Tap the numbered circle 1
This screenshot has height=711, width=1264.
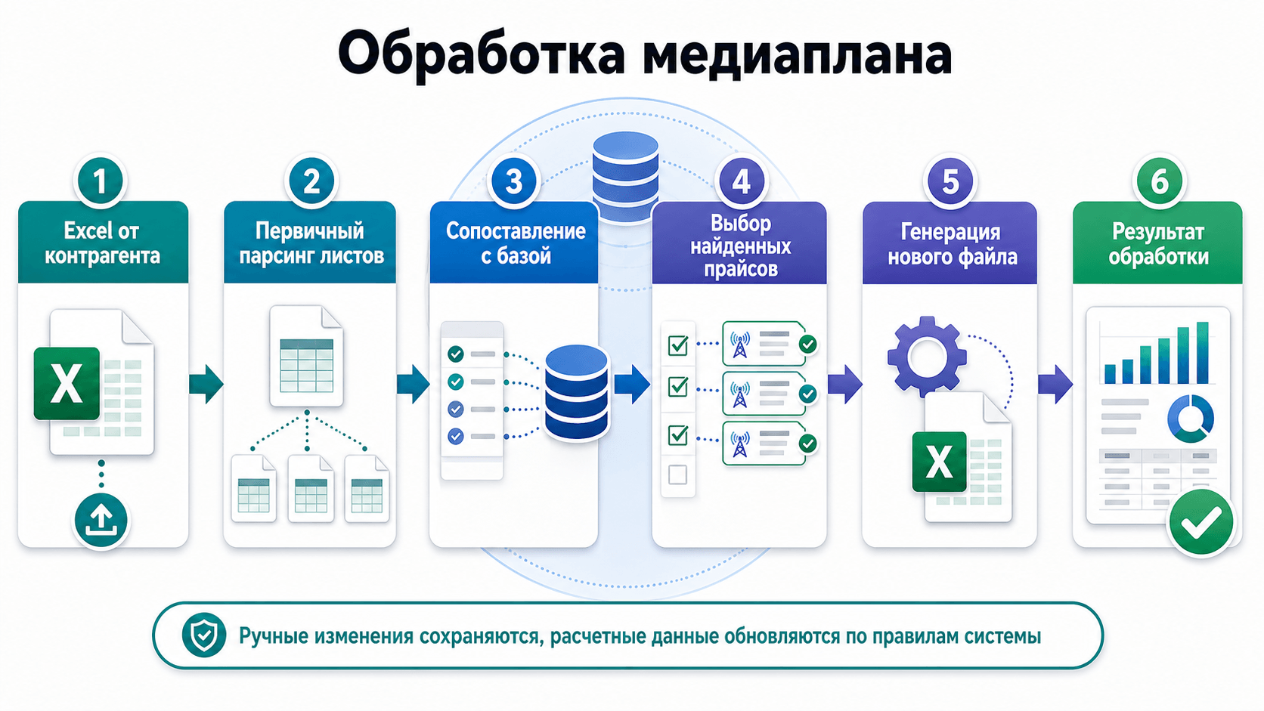pyautogui.click(x=100, y=181)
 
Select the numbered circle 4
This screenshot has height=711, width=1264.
pyautogui.click(x=740, y=181)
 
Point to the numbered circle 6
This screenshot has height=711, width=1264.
pyautogui.click(x=1159, y=181)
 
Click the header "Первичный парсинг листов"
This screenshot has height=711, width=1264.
pyautogui.click(x=311, y=243)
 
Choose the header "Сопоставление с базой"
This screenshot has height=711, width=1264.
pyautogui.click(x=515, y=243)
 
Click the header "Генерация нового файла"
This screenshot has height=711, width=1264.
pyautogui.click(x=952, y=244)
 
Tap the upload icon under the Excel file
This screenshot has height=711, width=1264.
pyautogui.click(x=101, y=520)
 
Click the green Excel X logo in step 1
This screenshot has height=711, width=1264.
pyautogui.click(x=67, y=383)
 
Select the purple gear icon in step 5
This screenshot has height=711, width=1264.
pyautogui.click(x=927, y=356)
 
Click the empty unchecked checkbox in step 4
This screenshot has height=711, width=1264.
pyautogui.click(x=677, y=475)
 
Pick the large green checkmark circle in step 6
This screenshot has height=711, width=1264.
pyautogui.click(x=1201, y=522)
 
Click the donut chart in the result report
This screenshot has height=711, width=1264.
pyautogui.click(x=1191, y=419)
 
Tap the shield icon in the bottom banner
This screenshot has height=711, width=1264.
pyautogui.click(x=203, y=635)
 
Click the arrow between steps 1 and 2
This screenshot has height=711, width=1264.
pyautogui.click(x=206, y=384)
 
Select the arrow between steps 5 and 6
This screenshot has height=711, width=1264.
pyautogui.click(x=1055, y=384)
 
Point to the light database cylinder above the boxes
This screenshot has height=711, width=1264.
pyautogui.click(x=625, y=177)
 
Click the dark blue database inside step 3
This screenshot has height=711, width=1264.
pyautogui.click(x=576, y=392)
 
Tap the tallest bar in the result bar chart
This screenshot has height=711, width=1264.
pyautogui.click(x=1203, y=352)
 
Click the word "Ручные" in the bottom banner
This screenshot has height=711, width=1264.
pyautogui.click(x=273, y=636)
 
